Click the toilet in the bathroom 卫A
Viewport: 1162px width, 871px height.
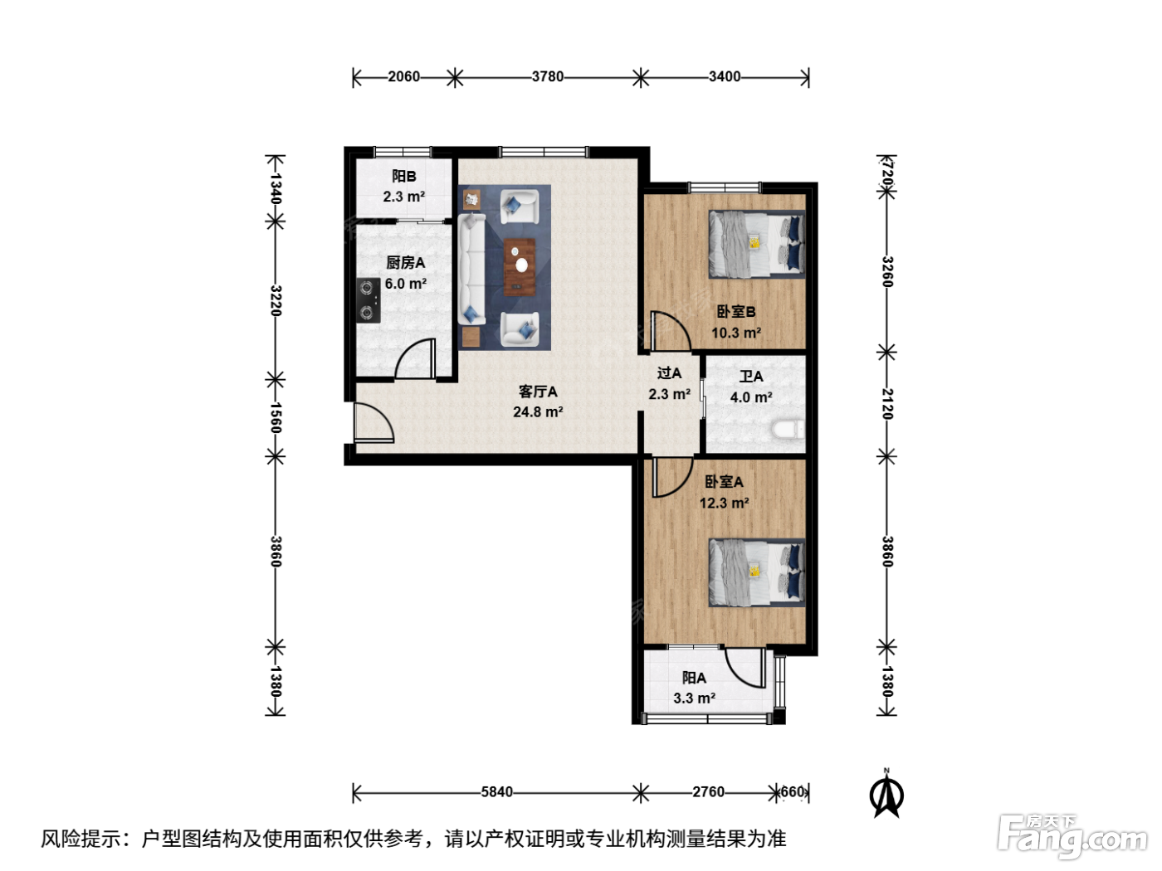[x=788, y=429]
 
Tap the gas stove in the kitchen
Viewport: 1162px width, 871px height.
[x=368, y=300]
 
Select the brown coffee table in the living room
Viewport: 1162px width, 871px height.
[x=520, y=266]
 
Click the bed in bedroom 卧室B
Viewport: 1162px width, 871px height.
[x=757, y=244]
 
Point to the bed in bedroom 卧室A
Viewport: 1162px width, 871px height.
[x=757, y=572]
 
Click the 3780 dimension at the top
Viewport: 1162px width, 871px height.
[x=547, y=76]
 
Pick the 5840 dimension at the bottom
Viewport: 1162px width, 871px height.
[x=496, y=791]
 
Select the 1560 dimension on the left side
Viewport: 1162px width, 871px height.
[x=276, y=417]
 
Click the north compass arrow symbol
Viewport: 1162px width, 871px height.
[x=886, y=794]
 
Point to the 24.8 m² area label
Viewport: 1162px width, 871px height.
[x=538, y=411]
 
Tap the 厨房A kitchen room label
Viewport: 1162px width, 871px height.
[x=406, y=262]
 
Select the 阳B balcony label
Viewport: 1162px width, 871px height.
[x=404, y=176]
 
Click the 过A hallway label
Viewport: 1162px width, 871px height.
[x=669, y=372]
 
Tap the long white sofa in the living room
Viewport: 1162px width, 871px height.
[x=471, y=268]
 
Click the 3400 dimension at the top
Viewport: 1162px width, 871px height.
[x=725, y=76]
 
